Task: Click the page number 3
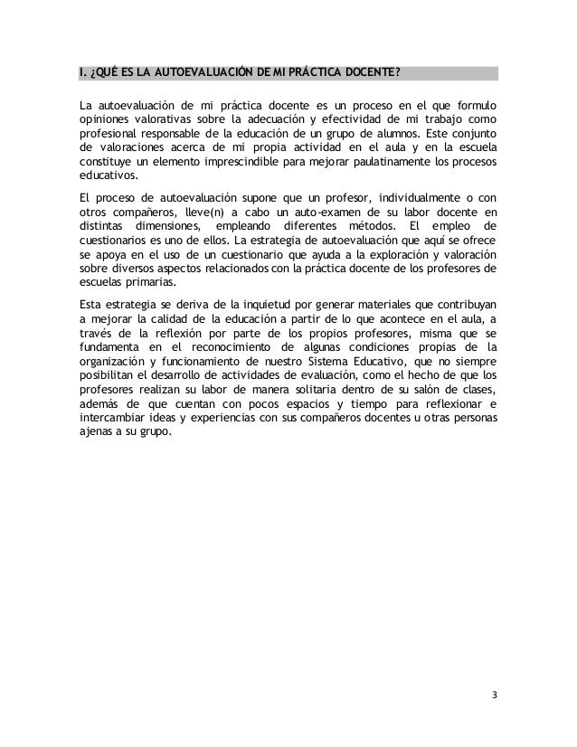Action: [494, 695]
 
